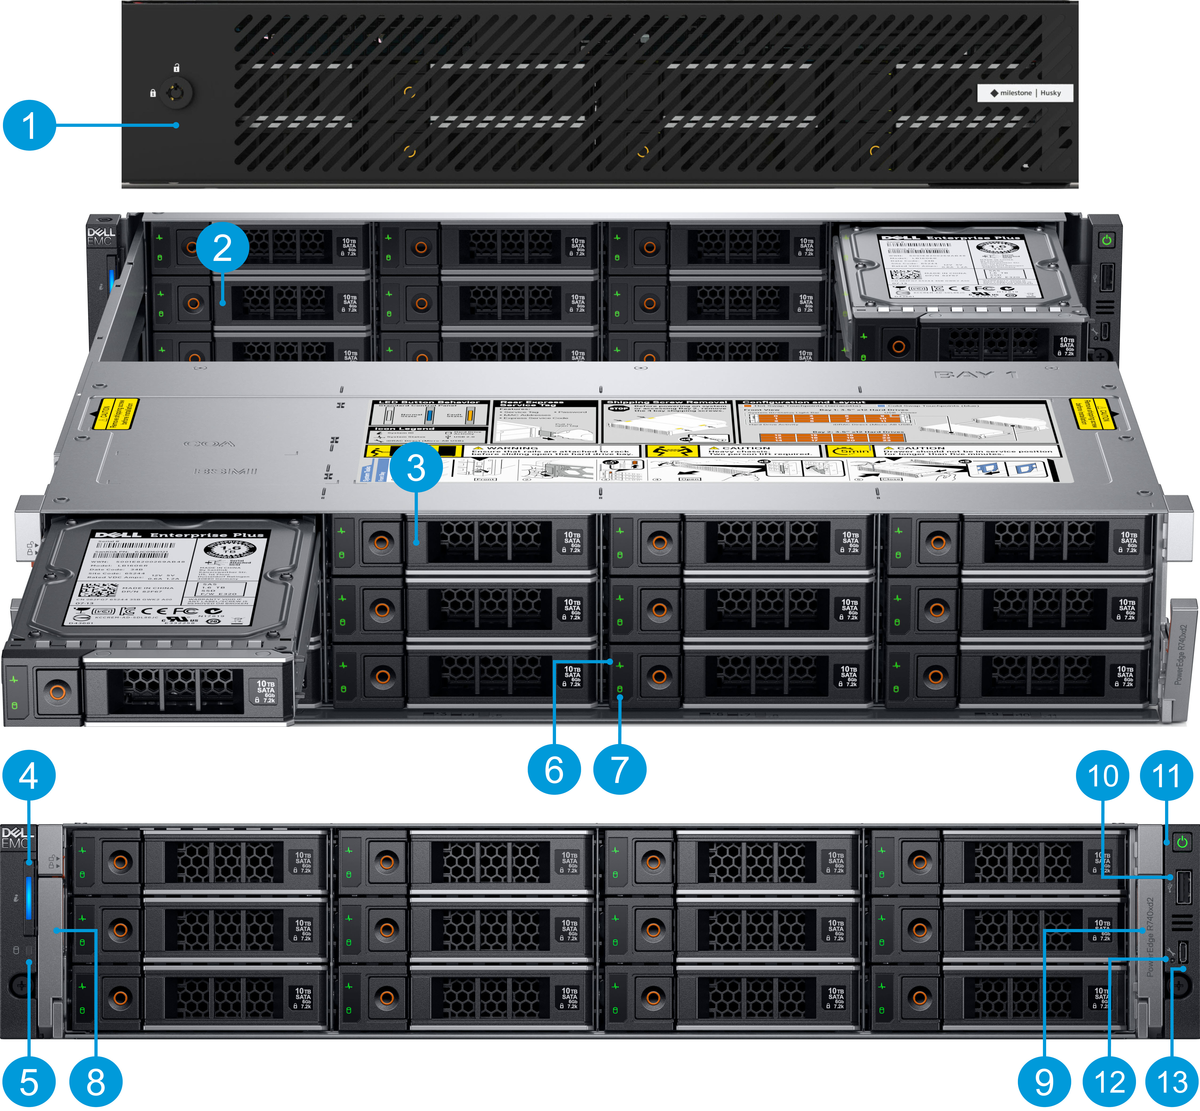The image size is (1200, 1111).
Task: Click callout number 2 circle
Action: (222, 248)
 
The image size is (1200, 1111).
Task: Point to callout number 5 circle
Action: (29, 1082)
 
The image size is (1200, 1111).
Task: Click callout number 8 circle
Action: (96, 1082)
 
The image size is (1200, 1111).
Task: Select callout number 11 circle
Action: (1166, 775)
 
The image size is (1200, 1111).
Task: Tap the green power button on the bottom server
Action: (1182, 842)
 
